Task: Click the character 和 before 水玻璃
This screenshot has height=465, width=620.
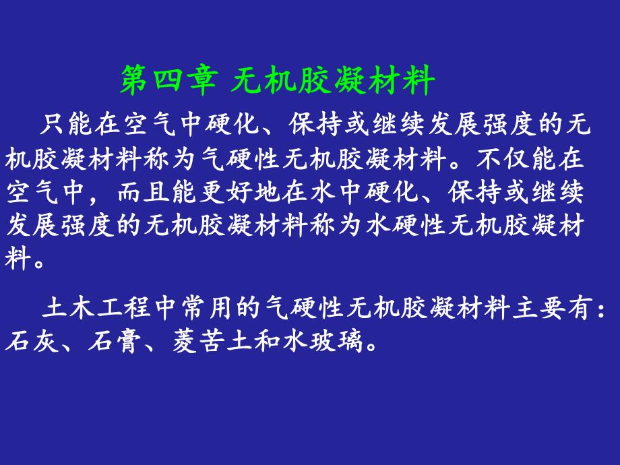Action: [x=269, y=342]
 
